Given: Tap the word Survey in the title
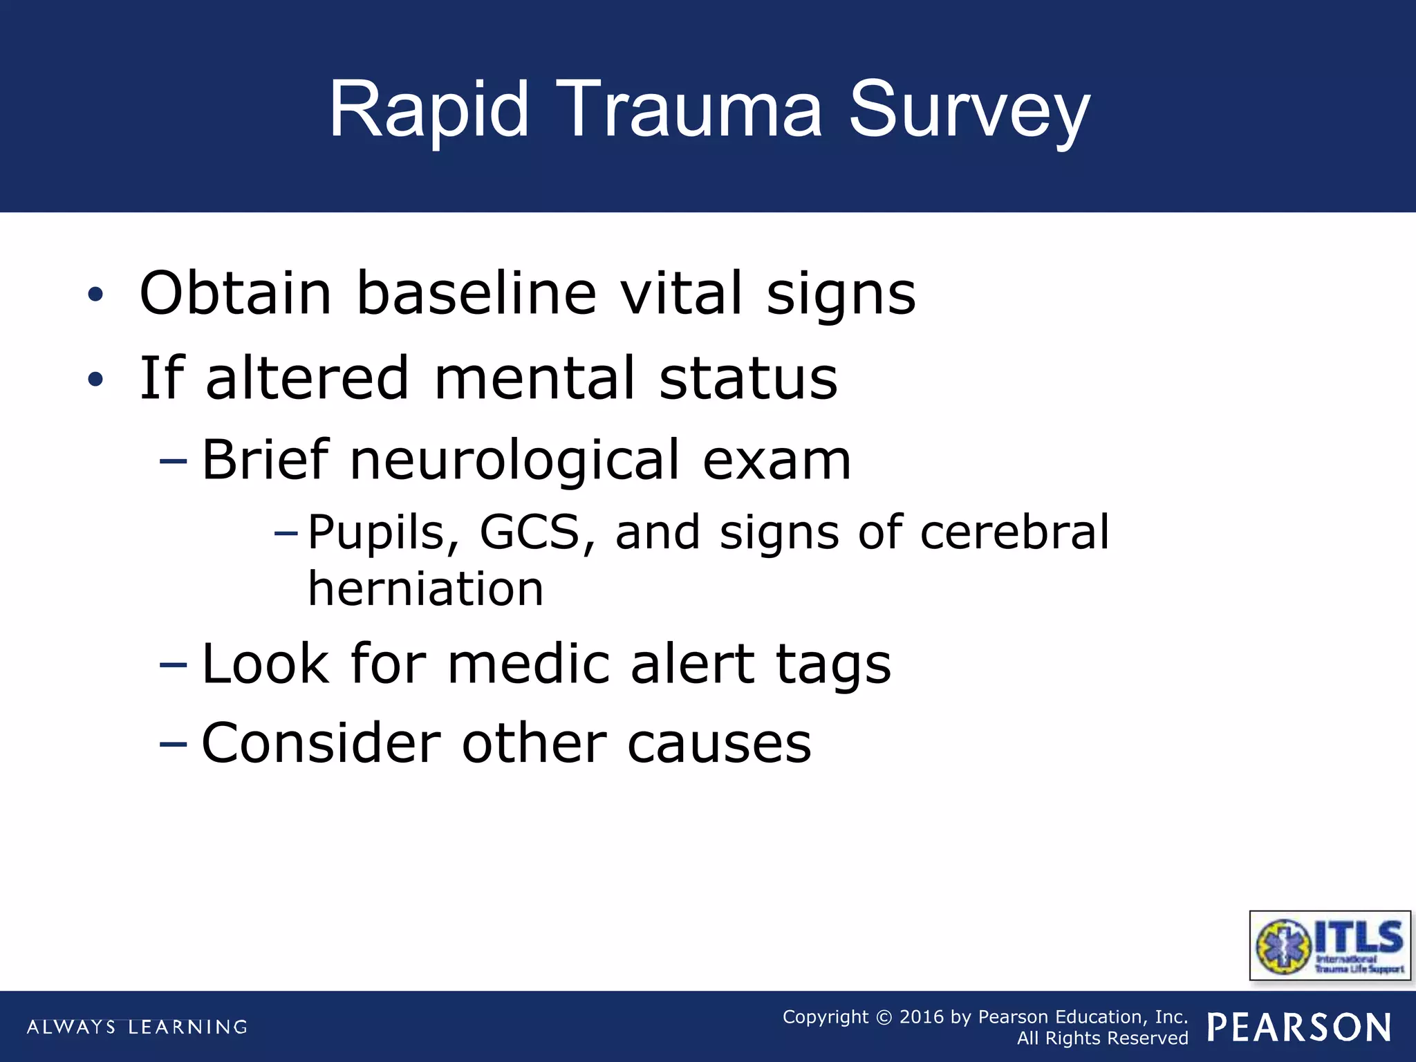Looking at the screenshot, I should coord(969,111).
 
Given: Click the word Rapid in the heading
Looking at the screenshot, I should coord(429,111).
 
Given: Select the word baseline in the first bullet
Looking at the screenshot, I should coord(476,293).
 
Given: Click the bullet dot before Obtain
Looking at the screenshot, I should coord(95,295).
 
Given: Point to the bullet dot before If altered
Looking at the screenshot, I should coord(95,379).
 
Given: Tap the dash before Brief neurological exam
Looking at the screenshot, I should coord(173,460).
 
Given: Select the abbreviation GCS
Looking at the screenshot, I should coord(530,532).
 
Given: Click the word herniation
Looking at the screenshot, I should coord(425,589).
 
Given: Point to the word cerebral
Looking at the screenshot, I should coord(1014,532).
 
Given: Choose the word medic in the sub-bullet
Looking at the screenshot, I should coord(528,664).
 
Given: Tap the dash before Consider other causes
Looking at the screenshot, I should coord(173,744).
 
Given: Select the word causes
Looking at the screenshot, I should coord(719,744).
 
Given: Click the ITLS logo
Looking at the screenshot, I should coord(1330,945).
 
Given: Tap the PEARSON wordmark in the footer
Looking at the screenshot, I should coord(1299,1027).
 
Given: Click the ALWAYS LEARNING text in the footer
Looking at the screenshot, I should coord(137,1027).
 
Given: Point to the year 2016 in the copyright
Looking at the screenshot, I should coord(921,1017).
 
